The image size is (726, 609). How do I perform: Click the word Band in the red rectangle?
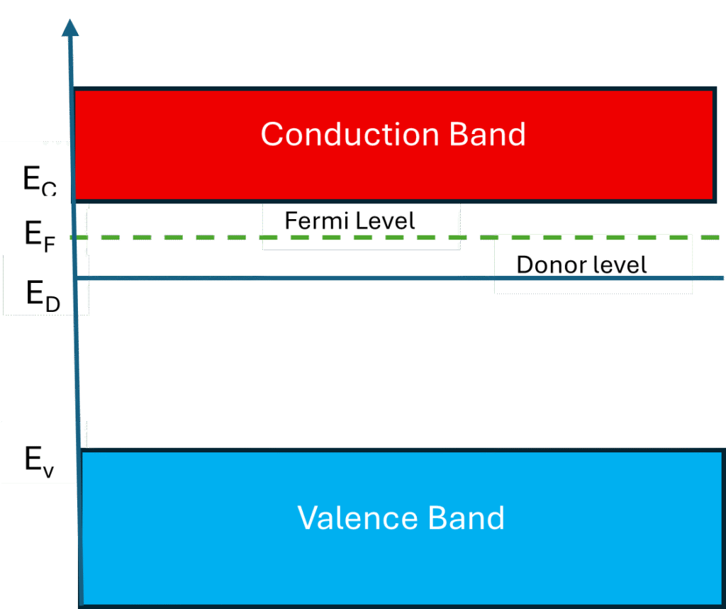tap(488, 134)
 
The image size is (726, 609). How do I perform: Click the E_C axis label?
tap(40, 181)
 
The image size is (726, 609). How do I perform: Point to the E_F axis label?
tap(40, 234)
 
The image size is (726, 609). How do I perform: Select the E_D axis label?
tap(43, 294)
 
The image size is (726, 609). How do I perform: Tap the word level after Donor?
tap(617, 265)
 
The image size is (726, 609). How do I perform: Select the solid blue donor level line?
tap(284, 279)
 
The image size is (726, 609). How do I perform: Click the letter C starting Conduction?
tap(272, 134)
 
